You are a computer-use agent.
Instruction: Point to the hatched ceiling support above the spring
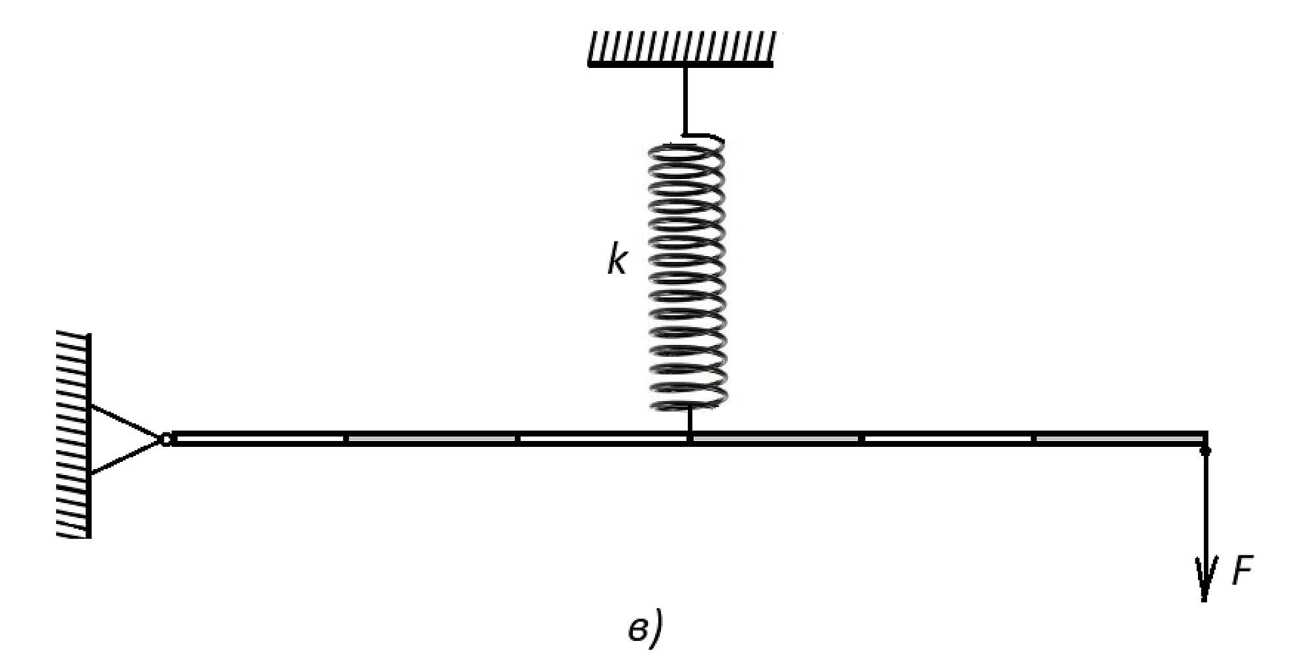681,49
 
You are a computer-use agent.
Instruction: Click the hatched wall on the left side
74,436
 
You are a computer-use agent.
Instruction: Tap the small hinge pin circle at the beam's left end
166,439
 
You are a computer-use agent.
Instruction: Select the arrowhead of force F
1204,578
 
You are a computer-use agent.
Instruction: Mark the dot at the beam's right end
1205,450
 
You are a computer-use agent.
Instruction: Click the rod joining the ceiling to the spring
685,101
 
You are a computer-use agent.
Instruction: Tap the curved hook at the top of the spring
704,139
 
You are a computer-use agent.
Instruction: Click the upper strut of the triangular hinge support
126,421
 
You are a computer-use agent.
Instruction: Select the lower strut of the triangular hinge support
126,456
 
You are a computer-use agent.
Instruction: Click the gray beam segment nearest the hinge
431,438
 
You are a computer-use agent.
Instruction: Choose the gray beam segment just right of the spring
775,438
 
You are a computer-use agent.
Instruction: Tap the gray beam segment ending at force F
1120,438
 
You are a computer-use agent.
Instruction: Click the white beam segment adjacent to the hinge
259,438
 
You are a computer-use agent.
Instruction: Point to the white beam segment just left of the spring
603,438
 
